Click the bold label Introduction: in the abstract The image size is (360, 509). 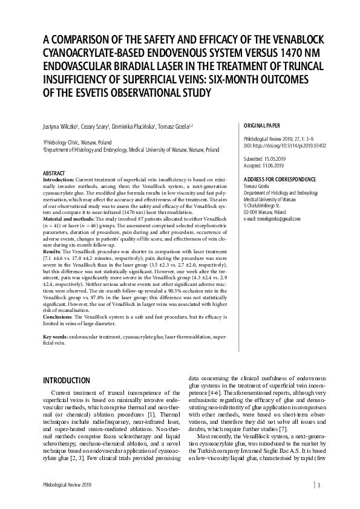pyautogui.click(x=59, y=180)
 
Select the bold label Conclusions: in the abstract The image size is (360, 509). pyautogui.click(x=58, y=317)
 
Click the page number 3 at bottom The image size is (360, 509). pyautogui.click(x=319, y=484)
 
